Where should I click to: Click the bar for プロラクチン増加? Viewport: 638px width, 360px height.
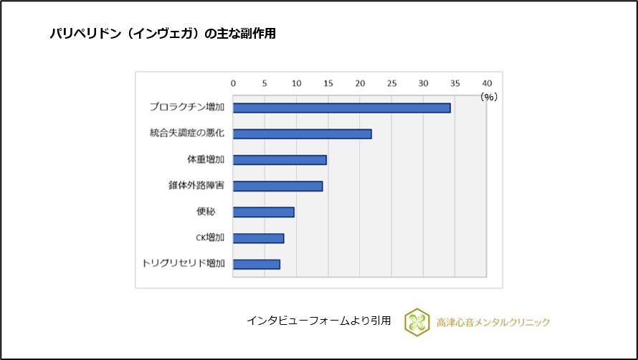(341, 108)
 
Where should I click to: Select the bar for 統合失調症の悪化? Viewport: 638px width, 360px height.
(302, 133)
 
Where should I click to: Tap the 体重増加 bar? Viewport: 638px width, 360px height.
(280, 160)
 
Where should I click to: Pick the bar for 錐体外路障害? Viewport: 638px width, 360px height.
(277, 186)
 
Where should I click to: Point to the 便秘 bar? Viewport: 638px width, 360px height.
(263, 212)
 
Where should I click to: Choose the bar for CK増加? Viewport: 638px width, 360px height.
(258, 238)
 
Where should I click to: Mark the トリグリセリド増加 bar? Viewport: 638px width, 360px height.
(256, 264)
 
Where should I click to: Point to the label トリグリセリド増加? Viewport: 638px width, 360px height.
(184, 264)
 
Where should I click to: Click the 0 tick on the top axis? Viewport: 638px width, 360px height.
(233, 82)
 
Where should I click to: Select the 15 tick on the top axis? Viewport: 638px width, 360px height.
(328, 82)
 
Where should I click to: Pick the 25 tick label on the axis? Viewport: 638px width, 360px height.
(391, 82)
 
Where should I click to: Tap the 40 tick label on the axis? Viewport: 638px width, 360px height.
(487, 82)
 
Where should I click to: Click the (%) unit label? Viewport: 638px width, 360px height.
(488, 97)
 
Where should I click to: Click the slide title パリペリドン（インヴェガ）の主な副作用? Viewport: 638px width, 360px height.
(162, 34)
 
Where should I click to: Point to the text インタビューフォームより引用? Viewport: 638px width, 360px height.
(319, 321)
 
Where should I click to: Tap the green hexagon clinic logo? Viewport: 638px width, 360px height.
(416, 322)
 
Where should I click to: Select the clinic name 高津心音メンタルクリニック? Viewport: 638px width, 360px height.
(493, 322)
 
